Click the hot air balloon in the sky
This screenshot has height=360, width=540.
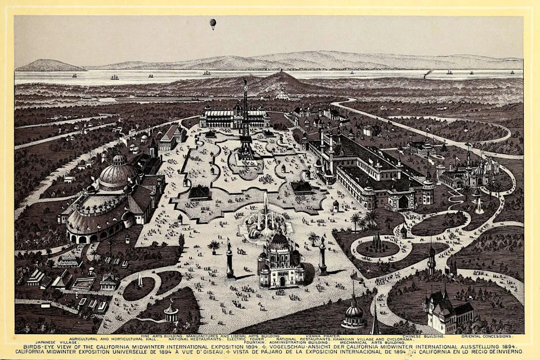click(x=213, y=23)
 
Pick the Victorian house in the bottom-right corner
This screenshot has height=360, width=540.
click(x=447, y=309)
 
